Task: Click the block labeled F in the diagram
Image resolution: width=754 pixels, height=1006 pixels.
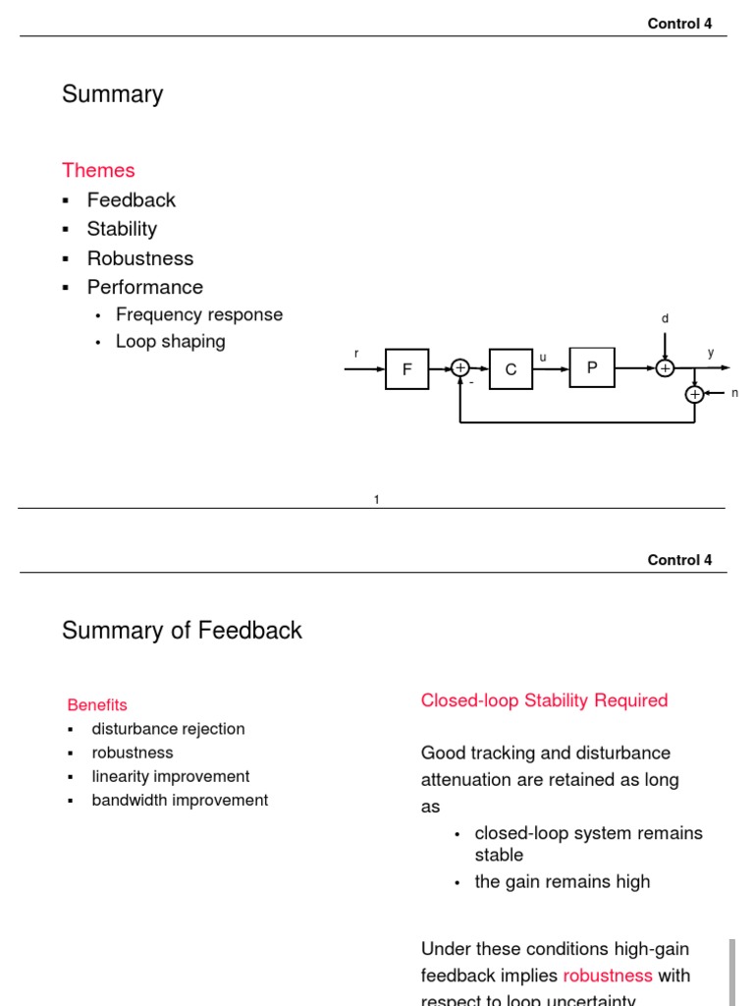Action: tap(406, 369)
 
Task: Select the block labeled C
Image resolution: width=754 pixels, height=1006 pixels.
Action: tap(511, 369)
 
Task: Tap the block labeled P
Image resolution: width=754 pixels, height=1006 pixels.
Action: tap(592, 367)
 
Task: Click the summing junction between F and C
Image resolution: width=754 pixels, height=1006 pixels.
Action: tap(460, 368)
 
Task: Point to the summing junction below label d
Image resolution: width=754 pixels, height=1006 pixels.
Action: tap(665, 368)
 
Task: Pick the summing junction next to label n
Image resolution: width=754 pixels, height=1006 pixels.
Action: tap(695, 394)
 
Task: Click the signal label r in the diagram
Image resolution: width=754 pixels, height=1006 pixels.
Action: tap(356, 353)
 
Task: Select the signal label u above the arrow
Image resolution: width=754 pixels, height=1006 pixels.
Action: tap(543, 358)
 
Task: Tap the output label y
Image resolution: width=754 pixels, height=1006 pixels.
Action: tap(711, 353)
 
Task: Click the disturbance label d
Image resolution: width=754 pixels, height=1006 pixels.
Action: tap(665, 319)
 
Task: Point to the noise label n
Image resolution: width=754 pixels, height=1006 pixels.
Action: tap(734, 393)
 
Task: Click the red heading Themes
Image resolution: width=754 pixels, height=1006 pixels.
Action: tap(98, 171)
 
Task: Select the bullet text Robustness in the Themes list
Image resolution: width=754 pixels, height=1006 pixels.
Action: tap(140, 258)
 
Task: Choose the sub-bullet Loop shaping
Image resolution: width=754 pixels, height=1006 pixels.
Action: tap(171, 341)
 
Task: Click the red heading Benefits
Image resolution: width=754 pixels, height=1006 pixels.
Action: tap(97, 704)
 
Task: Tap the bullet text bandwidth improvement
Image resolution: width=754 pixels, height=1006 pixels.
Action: tap(180, 800)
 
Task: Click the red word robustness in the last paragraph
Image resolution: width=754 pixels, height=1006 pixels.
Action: tap(608, 976)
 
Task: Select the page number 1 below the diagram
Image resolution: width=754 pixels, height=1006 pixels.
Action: tap(376, 500)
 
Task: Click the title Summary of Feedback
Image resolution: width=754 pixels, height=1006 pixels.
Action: tap(182, 631)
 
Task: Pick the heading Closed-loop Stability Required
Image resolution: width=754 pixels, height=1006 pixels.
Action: tap(544, 700)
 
